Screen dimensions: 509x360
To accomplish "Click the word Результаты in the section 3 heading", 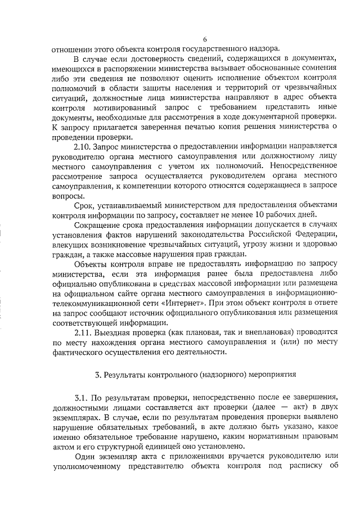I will point(124,373).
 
